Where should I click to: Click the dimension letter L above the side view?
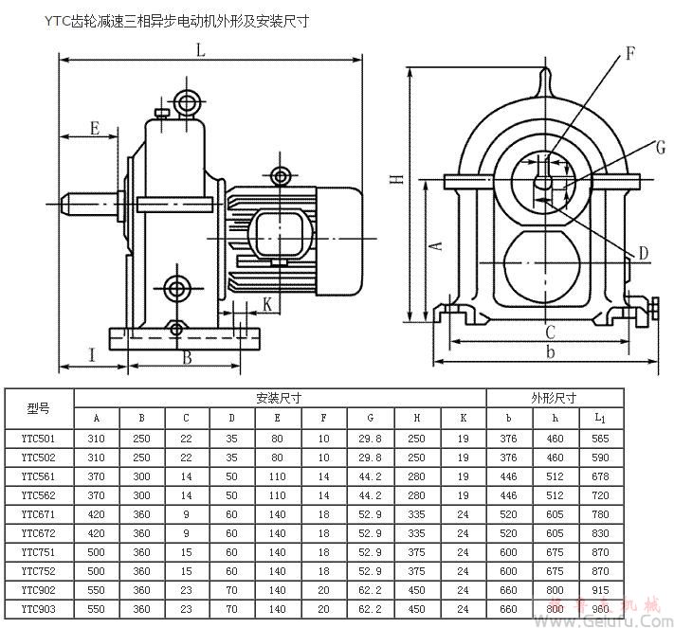200,51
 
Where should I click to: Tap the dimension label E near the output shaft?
95,127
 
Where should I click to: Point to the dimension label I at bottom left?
92,354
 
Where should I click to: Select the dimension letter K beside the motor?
267,304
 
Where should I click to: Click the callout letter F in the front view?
629,54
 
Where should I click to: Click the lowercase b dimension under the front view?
550,353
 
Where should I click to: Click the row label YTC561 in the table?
39,475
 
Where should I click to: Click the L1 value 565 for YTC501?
600,439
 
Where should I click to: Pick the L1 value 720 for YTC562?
600,494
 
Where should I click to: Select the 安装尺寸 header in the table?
280,398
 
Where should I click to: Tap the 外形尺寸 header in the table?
555,398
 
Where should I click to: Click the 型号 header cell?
39,408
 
